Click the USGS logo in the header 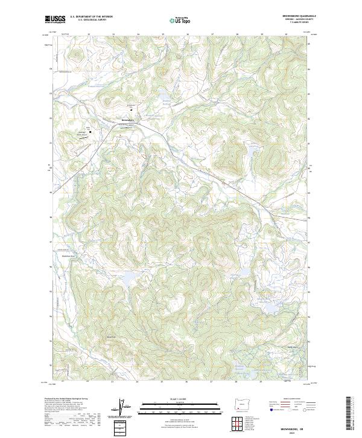[x=56, y=20]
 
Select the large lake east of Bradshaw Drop [x=129, y=279]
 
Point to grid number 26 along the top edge [x=187, y=34]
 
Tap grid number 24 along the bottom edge [x=137, y=382]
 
